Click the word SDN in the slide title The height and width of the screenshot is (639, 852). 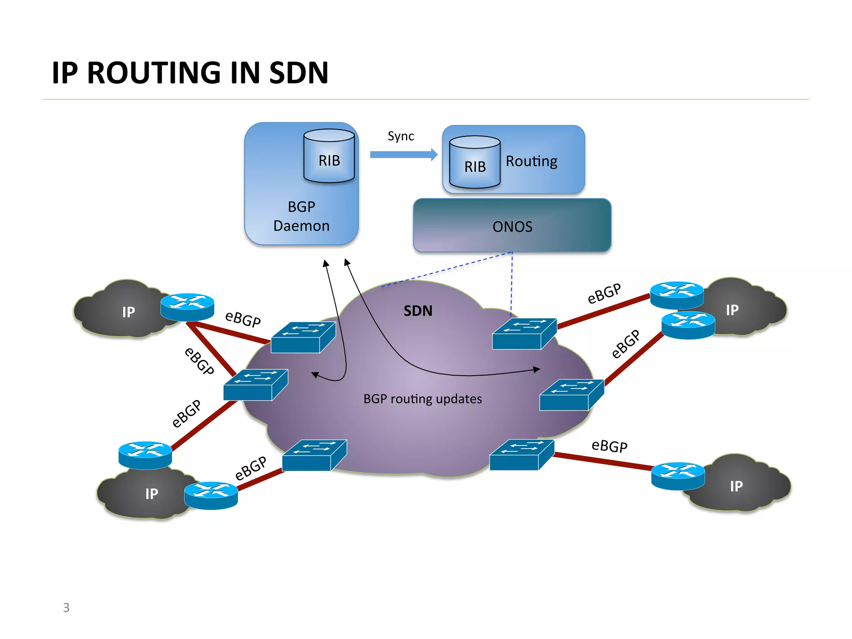299,73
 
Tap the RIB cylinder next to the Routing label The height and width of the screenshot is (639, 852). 475,163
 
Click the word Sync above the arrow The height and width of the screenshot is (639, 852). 401,136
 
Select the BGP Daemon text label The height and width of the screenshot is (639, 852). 301,216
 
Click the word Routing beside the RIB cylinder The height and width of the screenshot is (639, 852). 531,161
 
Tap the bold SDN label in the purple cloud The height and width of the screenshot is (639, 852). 418,311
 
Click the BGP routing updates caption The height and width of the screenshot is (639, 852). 422,399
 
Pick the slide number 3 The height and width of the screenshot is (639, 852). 66,607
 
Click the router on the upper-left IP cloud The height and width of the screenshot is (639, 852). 187,306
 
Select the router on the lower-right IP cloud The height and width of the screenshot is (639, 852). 678,476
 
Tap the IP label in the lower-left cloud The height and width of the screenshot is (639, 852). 151,494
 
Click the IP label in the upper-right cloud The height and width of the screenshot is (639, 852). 732,310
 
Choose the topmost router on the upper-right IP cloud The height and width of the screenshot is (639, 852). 677,295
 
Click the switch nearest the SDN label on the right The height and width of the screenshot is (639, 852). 524,334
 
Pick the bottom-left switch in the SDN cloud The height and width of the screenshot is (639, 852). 314,455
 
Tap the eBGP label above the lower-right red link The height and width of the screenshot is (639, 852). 609,446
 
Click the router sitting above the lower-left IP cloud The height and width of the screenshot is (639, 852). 145,455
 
